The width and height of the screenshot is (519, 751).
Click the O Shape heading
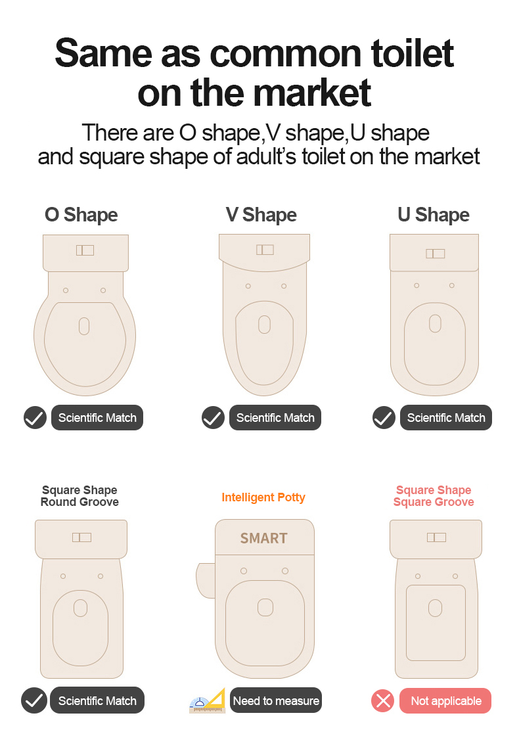pos(81,215)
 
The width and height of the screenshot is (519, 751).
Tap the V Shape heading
pos(261,215)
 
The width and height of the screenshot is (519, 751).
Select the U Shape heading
pos(434,215)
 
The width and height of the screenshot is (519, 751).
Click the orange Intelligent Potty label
pos(263,497)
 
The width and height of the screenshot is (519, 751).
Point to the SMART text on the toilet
pos(264,538)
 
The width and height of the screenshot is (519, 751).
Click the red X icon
pos(382,701)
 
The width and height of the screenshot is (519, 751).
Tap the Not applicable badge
pos(445,701)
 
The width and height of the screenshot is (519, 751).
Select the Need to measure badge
pos(276,700)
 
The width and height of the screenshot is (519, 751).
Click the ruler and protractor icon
pos(208,701)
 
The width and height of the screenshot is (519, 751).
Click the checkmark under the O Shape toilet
pos(35,418)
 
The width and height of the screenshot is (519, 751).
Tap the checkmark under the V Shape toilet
pos(213,418)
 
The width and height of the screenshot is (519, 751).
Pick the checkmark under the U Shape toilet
pos(384,418)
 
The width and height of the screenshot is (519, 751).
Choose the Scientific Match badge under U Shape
pos(445,418)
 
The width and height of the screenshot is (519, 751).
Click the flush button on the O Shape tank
pos(85,250)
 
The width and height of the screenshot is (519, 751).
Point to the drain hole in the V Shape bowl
pos(264,325)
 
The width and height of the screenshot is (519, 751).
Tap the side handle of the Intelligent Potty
pos(206,580)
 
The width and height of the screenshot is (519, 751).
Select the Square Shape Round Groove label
pos(79,495)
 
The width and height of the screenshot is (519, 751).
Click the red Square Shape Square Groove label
pos(434,495)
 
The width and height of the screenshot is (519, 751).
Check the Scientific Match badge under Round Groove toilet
pos(97,700)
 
